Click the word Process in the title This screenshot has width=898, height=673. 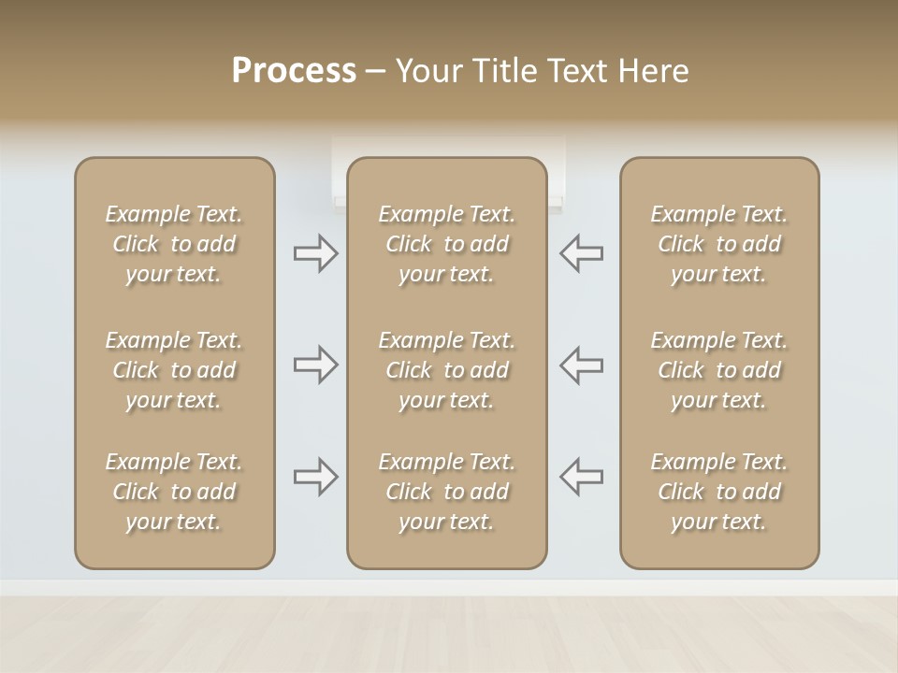click(294, 71)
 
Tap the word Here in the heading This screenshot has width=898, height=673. click(652, 71)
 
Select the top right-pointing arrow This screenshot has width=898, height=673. click(315, 253)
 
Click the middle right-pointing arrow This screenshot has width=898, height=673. click(315, 365)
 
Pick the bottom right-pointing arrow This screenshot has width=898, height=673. click(315, 477)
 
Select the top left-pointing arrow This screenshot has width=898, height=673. click(582, 253)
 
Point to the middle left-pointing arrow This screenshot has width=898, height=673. click(582, 365)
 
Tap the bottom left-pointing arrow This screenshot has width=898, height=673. click(582, 477)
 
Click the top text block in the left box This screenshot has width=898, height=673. click(174, 244)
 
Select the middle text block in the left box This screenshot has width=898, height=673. click(174, 370)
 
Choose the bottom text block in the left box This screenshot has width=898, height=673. click(174, 492)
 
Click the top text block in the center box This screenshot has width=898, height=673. click(446, 244)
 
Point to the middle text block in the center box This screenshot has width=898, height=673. click(446, 370)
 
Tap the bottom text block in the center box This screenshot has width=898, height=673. click(446, 492)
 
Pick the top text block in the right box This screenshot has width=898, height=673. click(718, 244)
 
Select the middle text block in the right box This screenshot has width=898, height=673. click(718, 370)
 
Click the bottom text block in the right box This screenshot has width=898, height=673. click(718, 492)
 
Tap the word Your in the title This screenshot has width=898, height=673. click(427, 71)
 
